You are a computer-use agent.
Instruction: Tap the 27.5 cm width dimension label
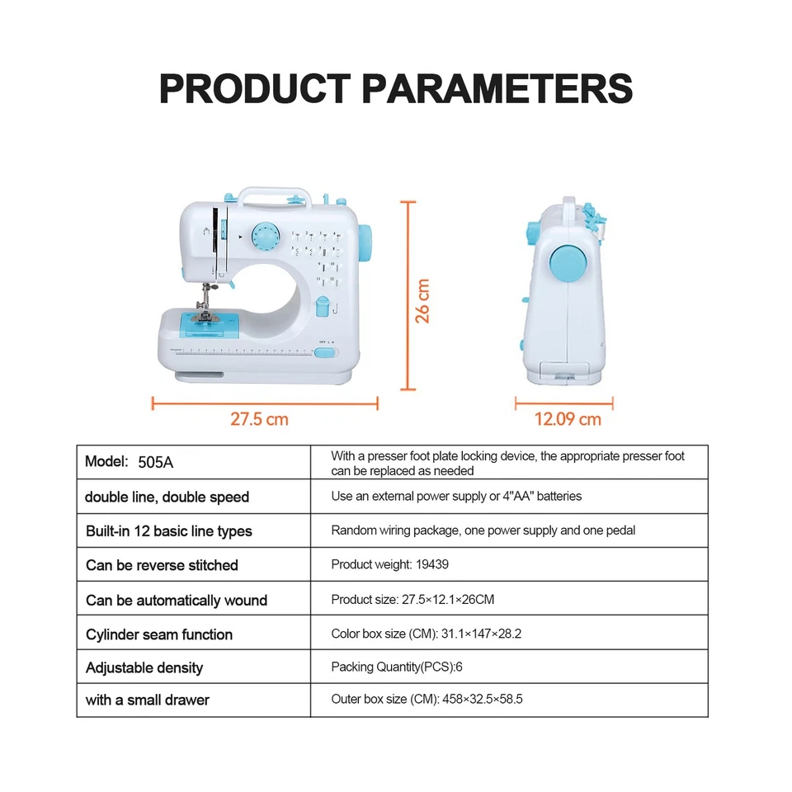click(259, 419)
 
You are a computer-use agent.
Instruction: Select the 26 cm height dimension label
click(422, 300)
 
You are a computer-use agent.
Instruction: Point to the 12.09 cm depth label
click(568, 419)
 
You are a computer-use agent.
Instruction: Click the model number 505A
click(156, 462)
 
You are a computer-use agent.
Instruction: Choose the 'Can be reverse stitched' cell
click(162, 565)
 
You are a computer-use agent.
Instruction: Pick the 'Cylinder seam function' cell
click(159, 634)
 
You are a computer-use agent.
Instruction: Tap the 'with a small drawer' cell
click(148, 700)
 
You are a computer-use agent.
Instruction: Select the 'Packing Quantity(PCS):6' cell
click(403, 667)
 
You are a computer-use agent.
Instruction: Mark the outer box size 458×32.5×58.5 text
click(472, 700)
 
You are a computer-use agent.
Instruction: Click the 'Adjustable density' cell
click(144, 667)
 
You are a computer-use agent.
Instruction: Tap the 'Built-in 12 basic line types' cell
click(169, 530)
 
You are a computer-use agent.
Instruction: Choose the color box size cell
click(427, 634)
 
